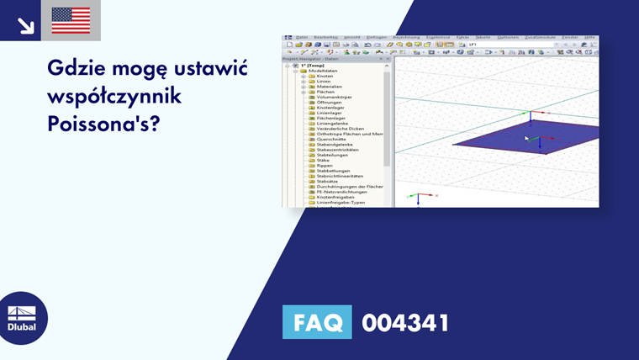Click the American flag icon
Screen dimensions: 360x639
click(71, 20)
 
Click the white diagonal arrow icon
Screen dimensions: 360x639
click(25, 25)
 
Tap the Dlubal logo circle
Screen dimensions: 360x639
click(22, 318)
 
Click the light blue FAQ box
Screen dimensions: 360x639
click(317, 322)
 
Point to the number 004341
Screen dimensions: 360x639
click(404, 322)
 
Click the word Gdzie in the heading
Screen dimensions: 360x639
click(77, 68)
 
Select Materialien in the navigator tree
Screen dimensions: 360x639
click(329, 87)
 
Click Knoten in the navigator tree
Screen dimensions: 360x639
click(325, 76)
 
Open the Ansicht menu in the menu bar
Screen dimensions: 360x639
click(351, 37)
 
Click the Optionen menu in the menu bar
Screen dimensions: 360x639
click(508, 37)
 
